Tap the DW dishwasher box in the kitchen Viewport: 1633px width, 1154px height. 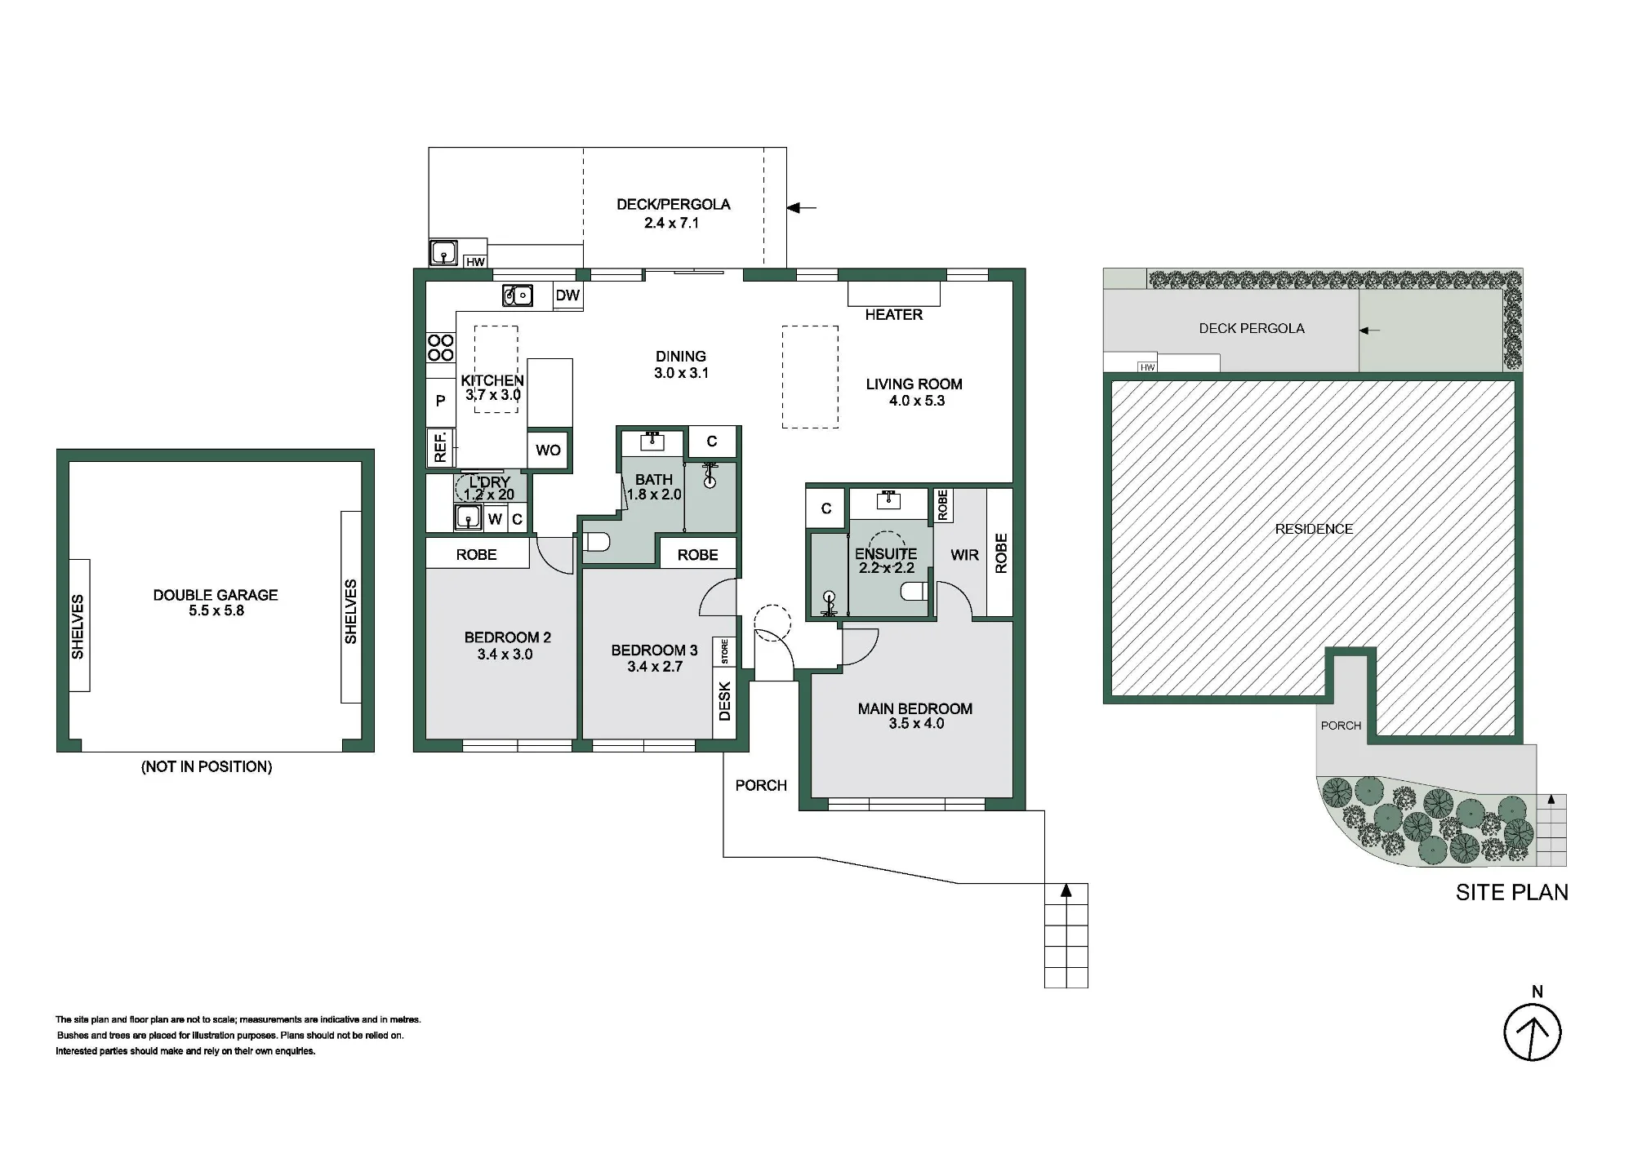click(x=567, y=295)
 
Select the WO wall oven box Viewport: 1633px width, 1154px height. click(x=548, y=450)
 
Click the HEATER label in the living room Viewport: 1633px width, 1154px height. click(x=894, y=315)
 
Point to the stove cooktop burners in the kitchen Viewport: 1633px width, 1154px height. click(x=441, y=348)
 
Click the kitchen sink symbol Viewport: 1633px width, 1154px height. click(x=518, y=295)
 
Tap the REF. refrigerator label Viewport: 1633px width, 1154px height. click(x=441, y=447)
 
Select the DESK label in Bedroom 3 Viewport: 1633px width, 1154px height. click(x=724, y=702)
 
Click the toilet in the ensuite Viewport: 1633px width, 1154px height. click(x=914, y=591)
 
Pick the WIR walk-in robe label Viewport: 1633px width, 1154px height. click(x=964, y=555)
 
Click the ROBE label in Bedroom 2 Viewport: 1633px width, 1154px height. click(x=477, y=555)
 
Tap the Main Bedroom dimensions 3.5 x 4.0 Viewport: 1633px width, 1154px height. click(x=916, y=724)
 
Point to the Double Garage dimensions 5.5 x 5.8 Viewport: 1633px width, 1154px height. click(x=216, y=610)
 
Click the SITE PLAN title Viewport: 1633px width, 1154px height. click(x=1512, y=893)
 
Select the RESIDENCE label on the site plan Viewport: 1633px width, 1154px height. click(x=1314, y=529)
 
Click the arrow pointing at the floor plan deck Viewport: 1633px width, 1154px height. click(x=801, y=208)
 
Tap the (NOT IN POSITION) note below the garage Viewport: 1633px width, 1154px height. click(x=207, y=766)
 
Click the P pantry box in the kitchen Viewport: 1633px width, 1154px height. click(x=441, y=401)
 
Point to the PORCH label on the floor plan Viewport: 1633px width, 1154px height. click(x=761, y=785)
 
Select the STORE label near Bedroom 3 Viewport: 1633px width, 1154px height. click(x=724, y=651)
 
